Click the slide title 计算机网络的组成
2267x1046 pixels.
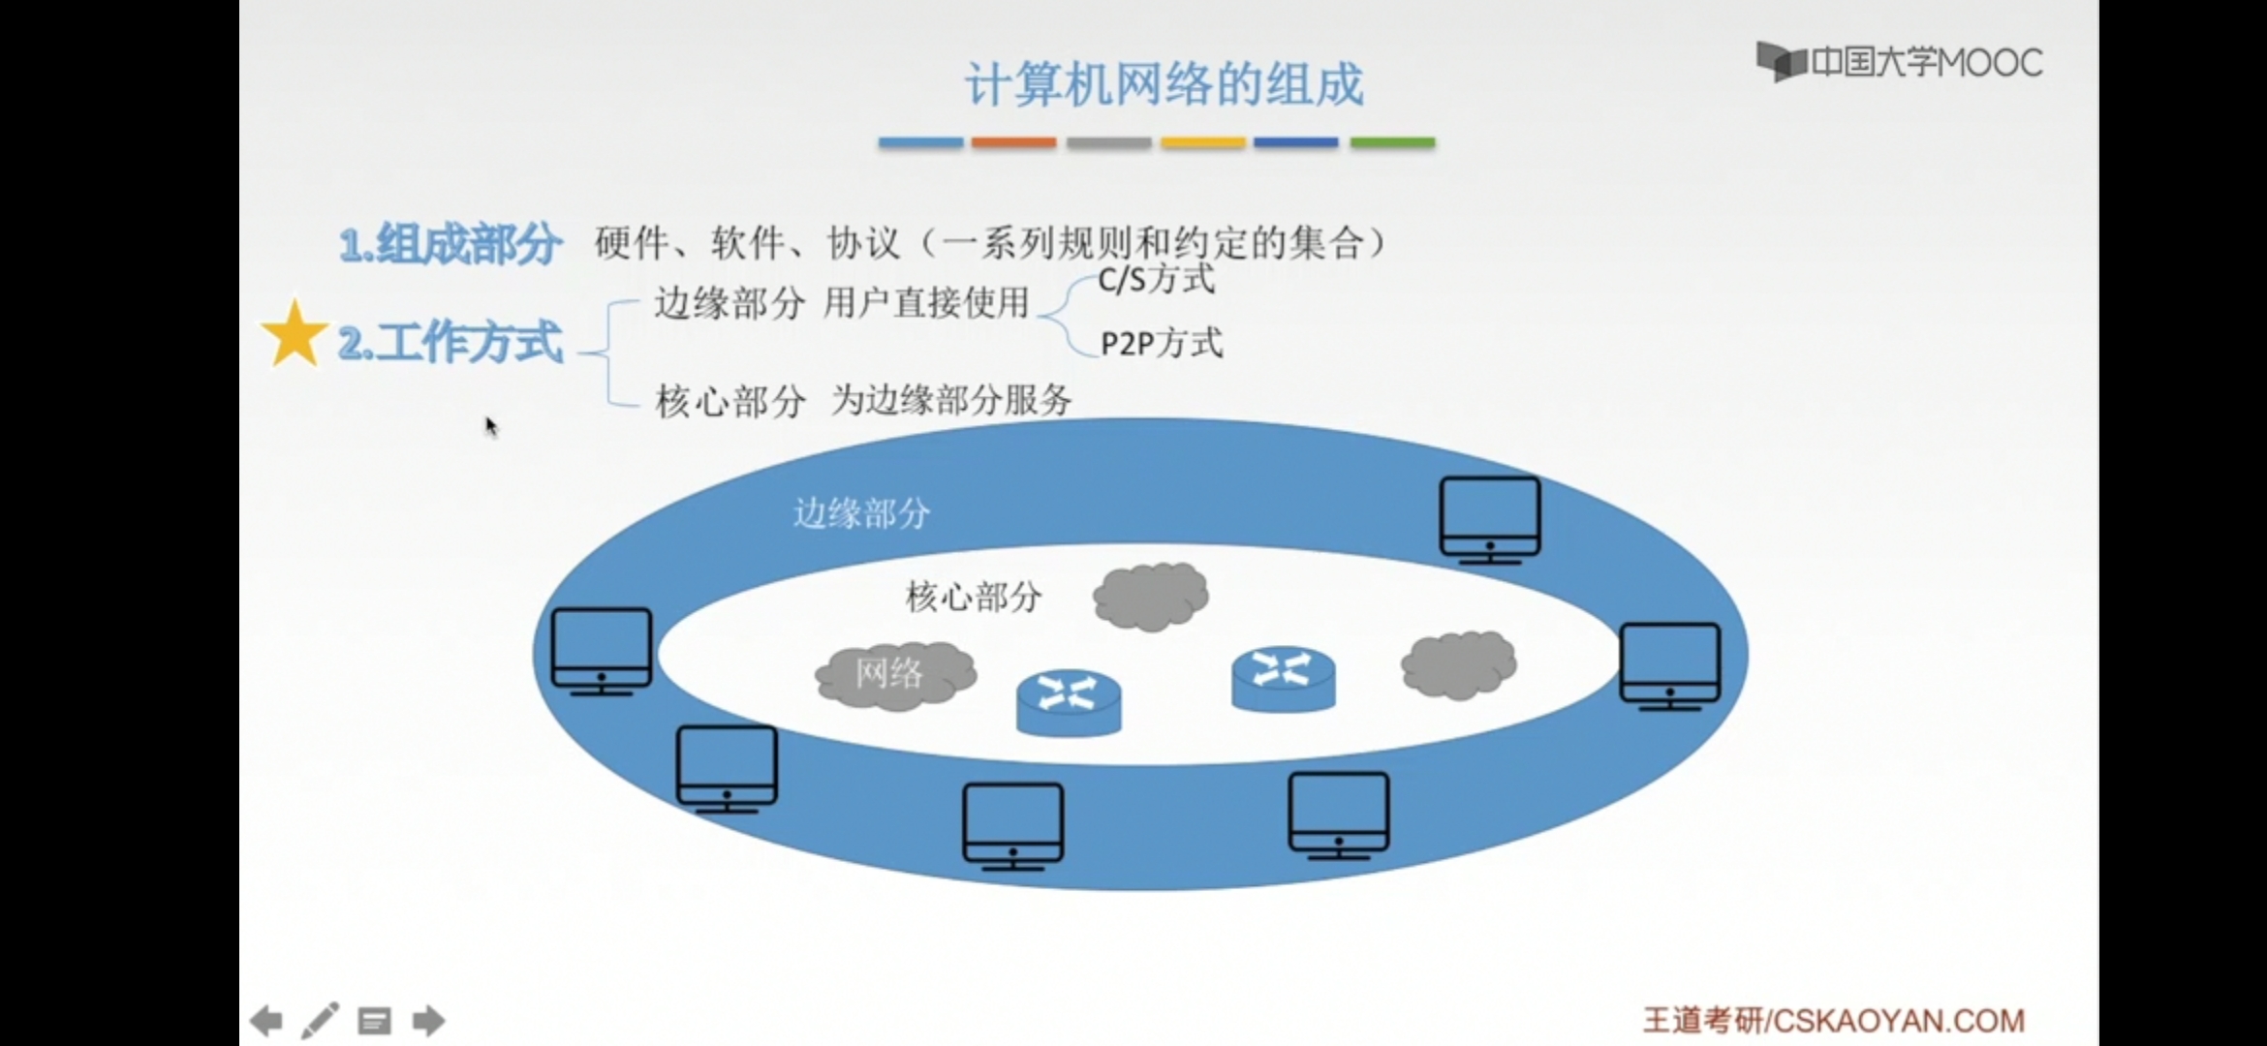click(x=1164, y=84)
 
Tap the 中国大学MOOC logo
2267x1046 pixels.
click(x=1899, y=62)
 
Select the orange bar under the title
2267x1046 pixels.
click(x=1013, y=142)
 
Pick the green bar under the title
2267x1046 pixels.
click(x=1392, y=142)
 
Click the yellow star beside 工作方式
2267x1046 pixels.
click(x=294, y=334)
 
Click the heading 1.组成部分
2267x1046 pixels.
click(x=450, y=243)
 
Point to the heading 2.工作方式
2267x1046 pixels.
click(x=450, y=342)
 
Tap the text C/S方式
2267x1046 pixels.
click(x=1156, y=280)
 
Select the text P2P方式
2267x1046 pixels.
click(x=1162, y=343)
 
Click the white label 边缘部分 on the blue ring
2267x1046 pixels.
click(x=861, y=512)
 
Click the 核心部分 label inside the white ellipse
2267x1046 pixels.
click(x=973, y=597)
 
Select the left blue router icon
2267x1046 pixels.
click(x=1069, y=702)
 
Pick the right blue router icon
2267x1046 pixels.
click(x=1284, y=678)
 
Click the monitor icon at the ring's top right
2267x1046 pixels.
click(x=1489, y=519)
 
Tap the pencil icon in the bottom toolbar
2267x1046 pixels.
click(x=320, y=1021)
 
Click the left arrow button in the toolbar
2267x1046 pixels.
click(x=265, y=1021)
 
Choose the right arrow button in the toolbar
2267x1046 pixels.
click(x=428, y=1021)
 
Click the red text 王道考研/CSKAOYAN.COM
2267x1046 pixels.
click(x=1833, y=1021)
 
